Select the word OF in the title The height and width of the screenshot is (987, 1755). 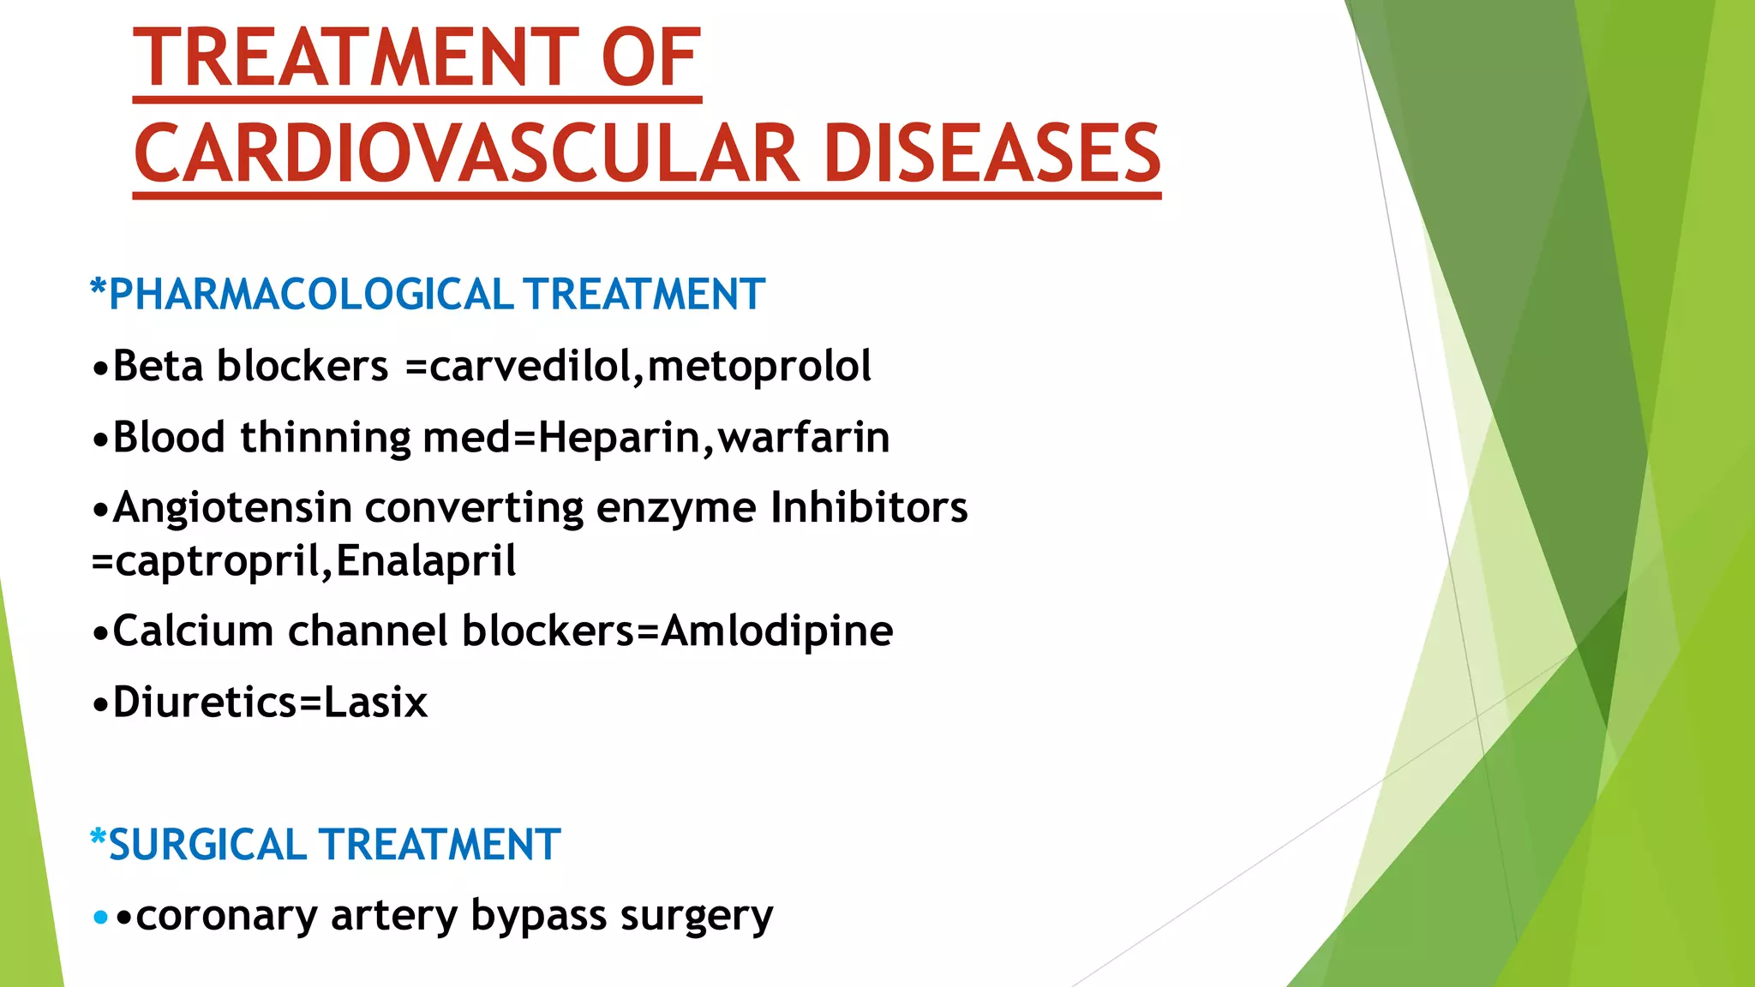(651, 58)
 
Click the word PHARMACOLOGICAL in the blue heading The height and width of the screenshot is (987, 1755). (311, 295)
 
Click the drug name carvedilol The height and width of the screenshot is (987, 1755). (530, 366)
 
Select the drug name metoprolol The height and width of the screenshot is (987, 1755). (759, 366)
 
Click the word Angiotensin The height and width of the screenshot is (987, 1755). (232, 507)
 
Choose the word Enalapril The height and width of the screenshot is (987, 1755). (426, 561)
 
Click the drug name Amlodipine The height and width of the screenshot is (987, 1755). (777, 631)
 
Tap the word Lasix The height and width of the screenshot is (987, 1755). (375, 703)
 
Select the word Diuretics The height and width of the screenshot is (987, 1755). (206, 703)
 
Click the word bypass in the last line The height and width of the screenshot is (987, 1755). (539, 916)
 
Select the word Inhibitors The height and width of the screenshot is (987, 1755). (869, 507)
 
